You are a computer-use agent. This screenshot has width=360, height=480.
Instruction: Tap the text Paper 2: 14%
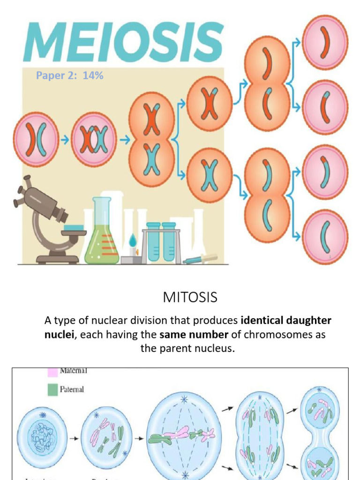70,75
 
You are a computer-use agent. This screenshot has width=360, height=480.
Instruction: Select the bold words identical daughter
286,321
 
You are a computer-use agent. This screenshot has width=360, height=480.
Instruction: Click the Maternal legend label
74,371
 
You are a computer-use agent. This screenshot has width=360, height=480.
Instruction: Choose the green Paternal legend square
53,389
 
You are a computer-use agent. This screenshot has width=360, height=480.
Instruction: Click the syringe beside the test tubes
201,259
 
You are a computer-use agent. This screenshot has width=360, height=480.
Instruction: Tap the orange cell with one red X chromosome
209,103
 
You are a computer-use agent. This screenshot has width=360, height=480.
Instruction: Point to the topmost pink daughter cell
325,42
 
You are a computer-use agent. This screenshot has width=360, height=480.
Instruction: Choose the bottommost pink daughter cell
325,236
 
